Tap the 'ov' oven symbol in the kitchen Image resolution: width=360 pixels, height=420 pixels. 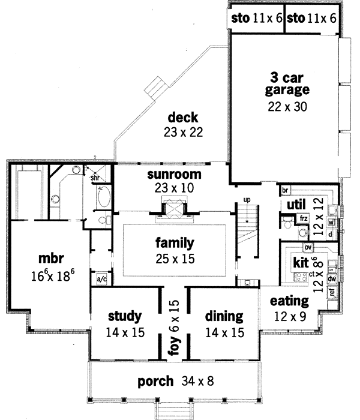308,247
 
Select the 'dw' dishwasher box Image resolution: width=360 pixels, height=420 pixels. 331,279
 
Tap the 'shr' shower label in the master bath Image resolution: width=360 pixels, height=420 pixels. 95,178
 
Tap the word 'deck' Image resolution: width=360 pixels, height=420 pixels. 183,117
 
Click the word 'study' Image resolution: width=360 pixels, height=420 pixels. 125,316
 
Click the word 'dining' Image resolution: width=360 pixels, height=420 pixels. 224,316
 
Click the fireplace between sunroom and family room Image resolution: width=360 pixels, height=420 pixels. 173,210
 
